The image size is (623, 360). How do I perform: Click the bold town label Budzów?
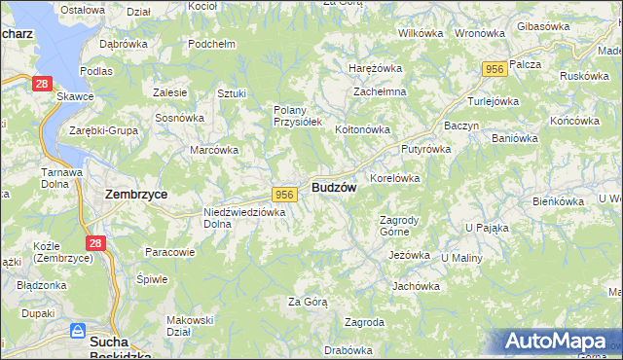[x=334, y=187]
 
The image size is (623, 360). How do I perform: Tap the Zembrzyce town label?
[x=136, y=194]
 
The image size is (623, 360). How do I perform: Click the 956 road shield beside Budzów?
[x=284, y=195]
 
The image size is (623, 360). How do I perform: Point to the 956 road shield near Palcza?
[x=495, y=68]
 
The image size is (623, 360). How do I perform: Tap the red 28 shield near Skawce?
[x=41, y=85]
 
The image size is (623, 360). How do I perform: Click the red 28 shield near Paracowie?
[x=94, y=243]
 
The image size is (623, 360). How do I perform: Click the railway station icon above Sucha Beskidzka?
[x=77, y=331]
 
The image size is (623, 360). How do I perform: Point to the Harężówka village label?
[x=376, y=68]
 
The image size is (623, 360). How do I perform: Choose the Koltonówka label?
[x=362, y=128]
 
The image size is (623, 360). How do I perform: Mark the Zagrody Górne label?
[x=398, y=226]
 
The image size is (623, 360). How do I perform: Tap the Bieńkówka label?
[x=558, y=200]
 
